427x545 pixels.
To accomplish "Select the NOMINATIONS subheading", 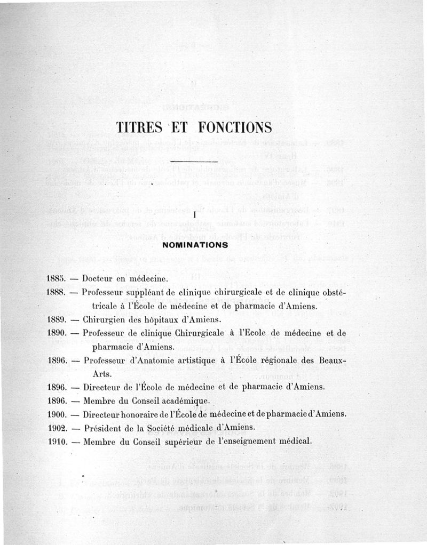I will tap(195, 245).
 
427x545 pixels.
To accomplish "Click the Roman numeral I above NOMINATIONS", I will tap(195, 214).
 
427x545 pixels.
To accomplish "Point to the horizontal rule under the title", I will tap(196, 161).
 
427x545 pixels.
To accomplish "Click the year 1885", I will tap(56, 278).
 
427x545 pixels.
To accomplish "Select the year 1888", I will tap(56, 292).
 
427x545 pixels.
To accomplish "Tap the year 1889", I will tap(56, 320).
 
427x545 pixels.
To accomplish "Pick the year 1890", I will tap(56, 333).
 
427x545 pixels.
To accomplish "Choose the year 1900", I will tap(56, 414).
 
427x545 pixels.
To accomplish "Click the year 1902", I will tap(56, 427).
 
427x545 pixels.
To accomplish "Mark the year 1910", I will tap(56, 441).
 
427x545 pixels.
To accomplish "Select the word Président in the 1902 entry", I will tap(103, 427).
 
